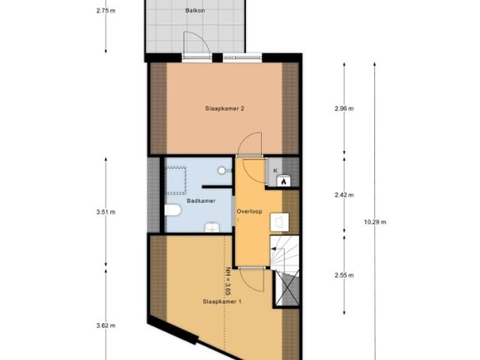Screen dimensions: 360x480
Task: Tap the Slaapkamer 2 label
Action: tap(225, 108)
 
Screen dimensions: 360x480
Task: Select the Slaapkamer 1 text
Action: tap(221, 301)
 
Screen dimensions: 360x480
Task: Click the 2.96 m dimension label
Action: tap(344, 109)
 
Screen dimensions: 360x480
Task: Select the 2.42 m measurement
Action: tap(344, 195)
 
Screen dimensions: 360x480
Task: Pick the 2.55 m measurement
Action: tap(344, 274)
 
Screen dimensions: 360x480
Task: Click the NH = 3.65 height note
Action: tap(226, 282)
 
